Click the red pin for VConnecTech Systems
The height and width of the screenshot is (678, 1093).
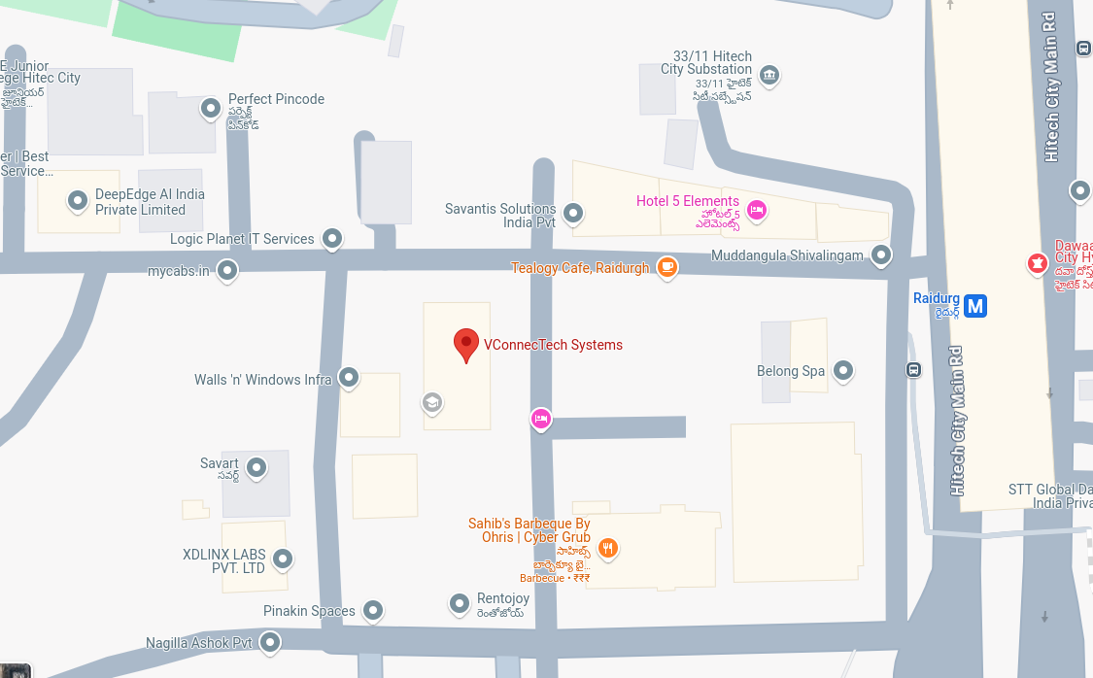[x=466, y=344]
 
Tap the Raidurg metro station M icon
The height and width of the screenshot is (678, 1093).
[x=975, y=306]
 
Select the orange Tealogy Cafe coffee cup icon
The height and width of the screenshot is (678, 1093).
[x=666, y=267]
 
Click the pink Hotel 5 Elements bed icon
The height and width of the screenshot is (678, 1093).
[x=757, y=209]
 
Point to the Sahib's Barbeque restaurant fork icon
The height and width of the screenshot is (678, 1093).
[x=607, y=548]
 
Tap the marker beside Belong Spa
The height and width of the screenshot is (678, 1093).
[x=843, y=370]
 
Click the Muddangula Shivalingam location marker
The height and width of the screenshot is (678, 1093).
[x=881, y=254]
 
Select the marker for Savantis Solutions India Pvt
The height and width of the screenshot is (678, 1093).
[x=573, y=212]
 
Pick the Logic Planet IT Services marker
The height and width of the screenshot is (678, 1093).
[x=332, y=238]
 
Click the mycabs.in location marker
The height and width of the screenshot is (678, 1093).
[x=227, y=270]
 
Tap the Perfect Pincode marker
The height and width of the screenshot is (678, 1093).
[x=211, y=108]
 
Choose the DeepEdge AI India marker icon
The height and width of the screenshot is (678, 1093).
[x=78, y=201]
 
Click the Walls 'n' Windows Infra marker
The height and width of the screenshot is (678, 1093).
[x=349, y=378]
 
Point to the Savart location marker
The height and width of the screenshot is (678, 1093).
[x=256, y=467]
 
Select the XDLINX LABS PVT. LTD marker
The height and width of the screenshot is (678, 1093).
[x=283, y=559]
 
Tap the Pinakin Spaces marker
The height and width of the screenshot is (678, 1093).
[x=373, y=610]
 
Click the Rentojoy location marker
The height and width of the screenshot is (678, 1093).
[x=460, y=603]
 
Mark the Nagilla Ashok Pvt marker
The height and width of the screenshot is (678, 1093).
[x=270, y=641]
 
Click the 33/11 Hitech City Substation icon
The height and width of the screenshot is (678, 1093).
[x=769, y=75]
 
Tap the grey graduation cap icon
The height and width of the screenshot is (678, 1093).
[x=431, y=401]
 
